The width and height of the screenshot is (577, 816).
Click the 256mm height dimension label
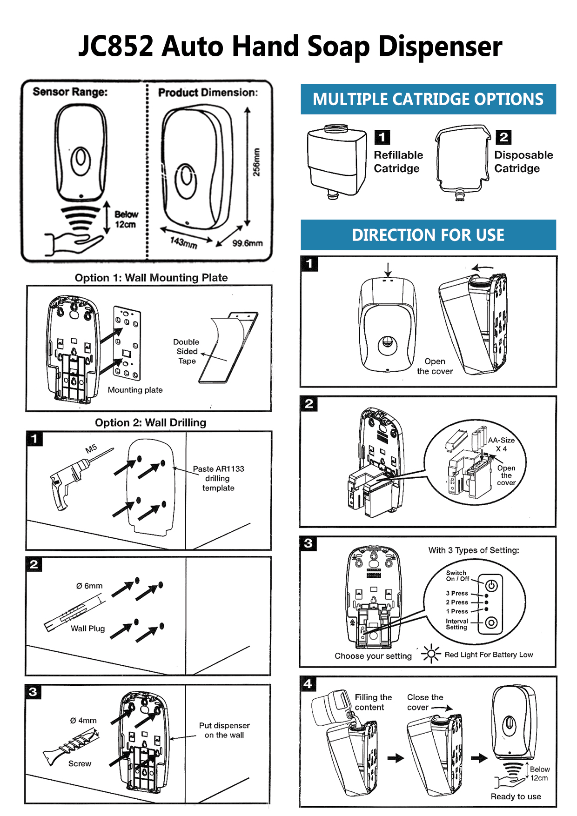pos(256,162)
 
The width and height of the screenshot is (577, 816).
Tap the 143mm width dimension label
pos(183,242)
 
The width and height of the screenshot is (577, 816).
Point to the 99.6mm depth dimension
pos(247,243)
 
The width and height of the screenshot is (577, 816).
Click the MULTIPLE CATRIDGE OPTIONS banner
pos(428,99)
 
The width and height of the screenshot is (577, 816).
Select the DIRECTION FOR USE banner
pos(428,235)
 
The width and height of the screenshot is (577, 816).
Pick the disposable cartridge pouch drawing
pos(462,161)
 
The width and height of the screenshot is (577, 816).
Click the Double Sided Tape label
pos(187,351)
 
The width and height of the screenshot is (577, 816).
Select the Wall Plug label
pos(87,629)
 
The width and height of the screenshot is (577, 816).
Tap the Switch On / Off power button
pos(491,586)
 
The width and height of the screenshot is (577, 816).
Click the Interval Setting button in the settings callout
pos(491,622)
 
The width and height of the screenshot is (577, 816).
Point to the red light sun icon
pos(431,654)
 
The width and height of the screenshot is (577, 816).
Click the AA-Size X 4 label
pos(501,444)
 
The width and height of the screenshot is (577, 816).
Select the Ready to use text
pos(516,796)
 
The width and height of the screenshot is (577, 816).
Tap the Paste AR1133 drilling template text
pos(218,478)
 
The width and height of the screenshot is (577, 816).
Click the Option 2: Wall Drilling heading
pos(150,422)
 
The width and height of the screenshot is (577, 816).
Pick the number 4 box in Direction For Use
pos(308,684)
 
